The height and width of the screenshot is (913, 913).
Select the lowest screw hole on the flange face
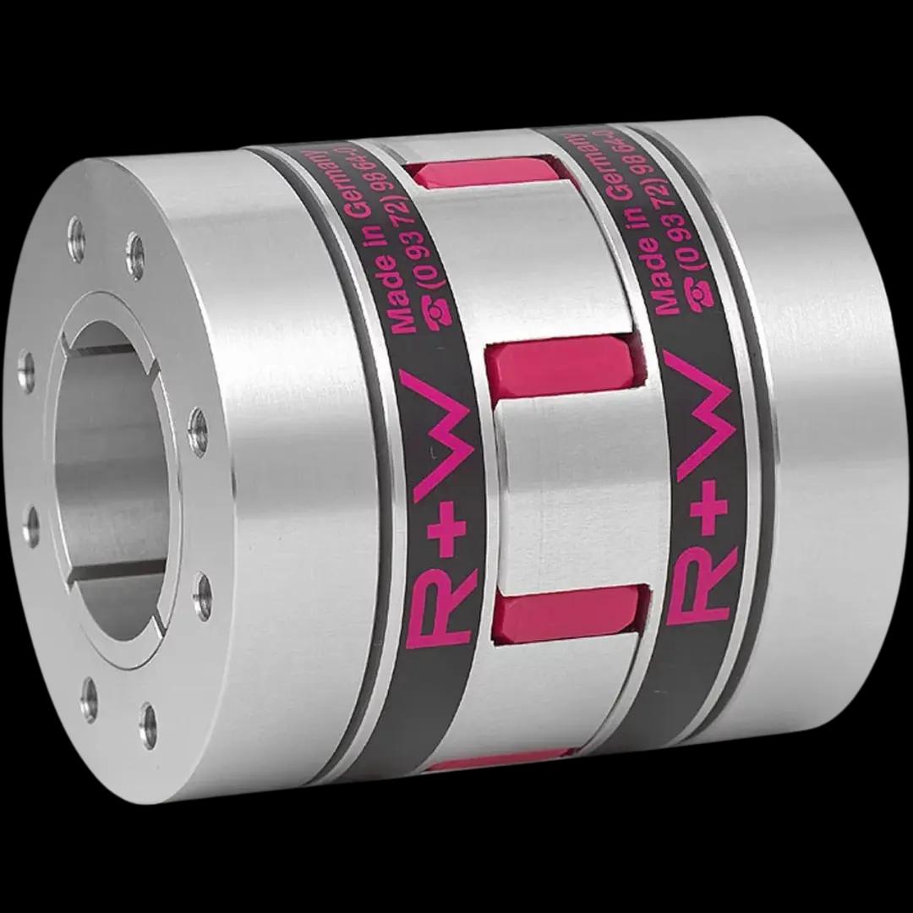[149, 714]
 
